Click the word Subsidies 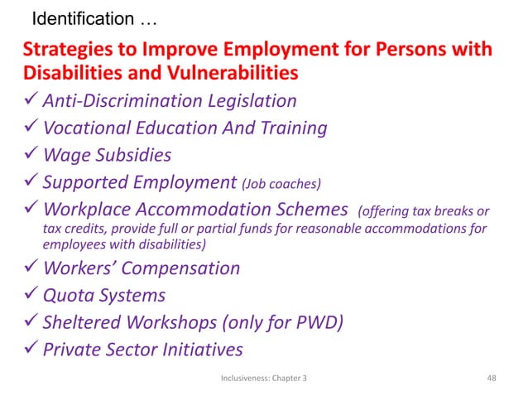click(x=136, y=154)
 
